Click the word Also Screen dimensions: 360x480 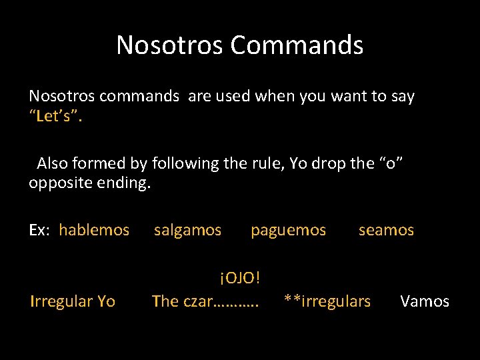tap(52, 163)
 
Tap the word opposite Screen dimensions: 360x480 tap(61, 182)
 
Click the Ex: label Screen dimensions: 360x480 tap(39, 231)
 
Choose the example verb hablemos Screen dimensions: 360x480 tap(94, 231)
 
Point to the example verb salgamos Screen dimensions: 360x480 tap(187, 231)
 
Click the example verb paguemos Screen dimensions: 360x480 tap(288, 231)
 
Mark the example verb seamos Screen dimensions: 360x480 tap(386, 231)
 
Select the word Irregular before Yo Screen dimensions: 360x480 tap(61, 301)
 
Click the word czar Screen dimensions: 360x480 tap(196, 301)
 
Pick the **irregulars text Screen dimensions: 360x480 tap(327, 301)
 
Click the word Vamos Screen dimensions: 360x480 tap(425, 301)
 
